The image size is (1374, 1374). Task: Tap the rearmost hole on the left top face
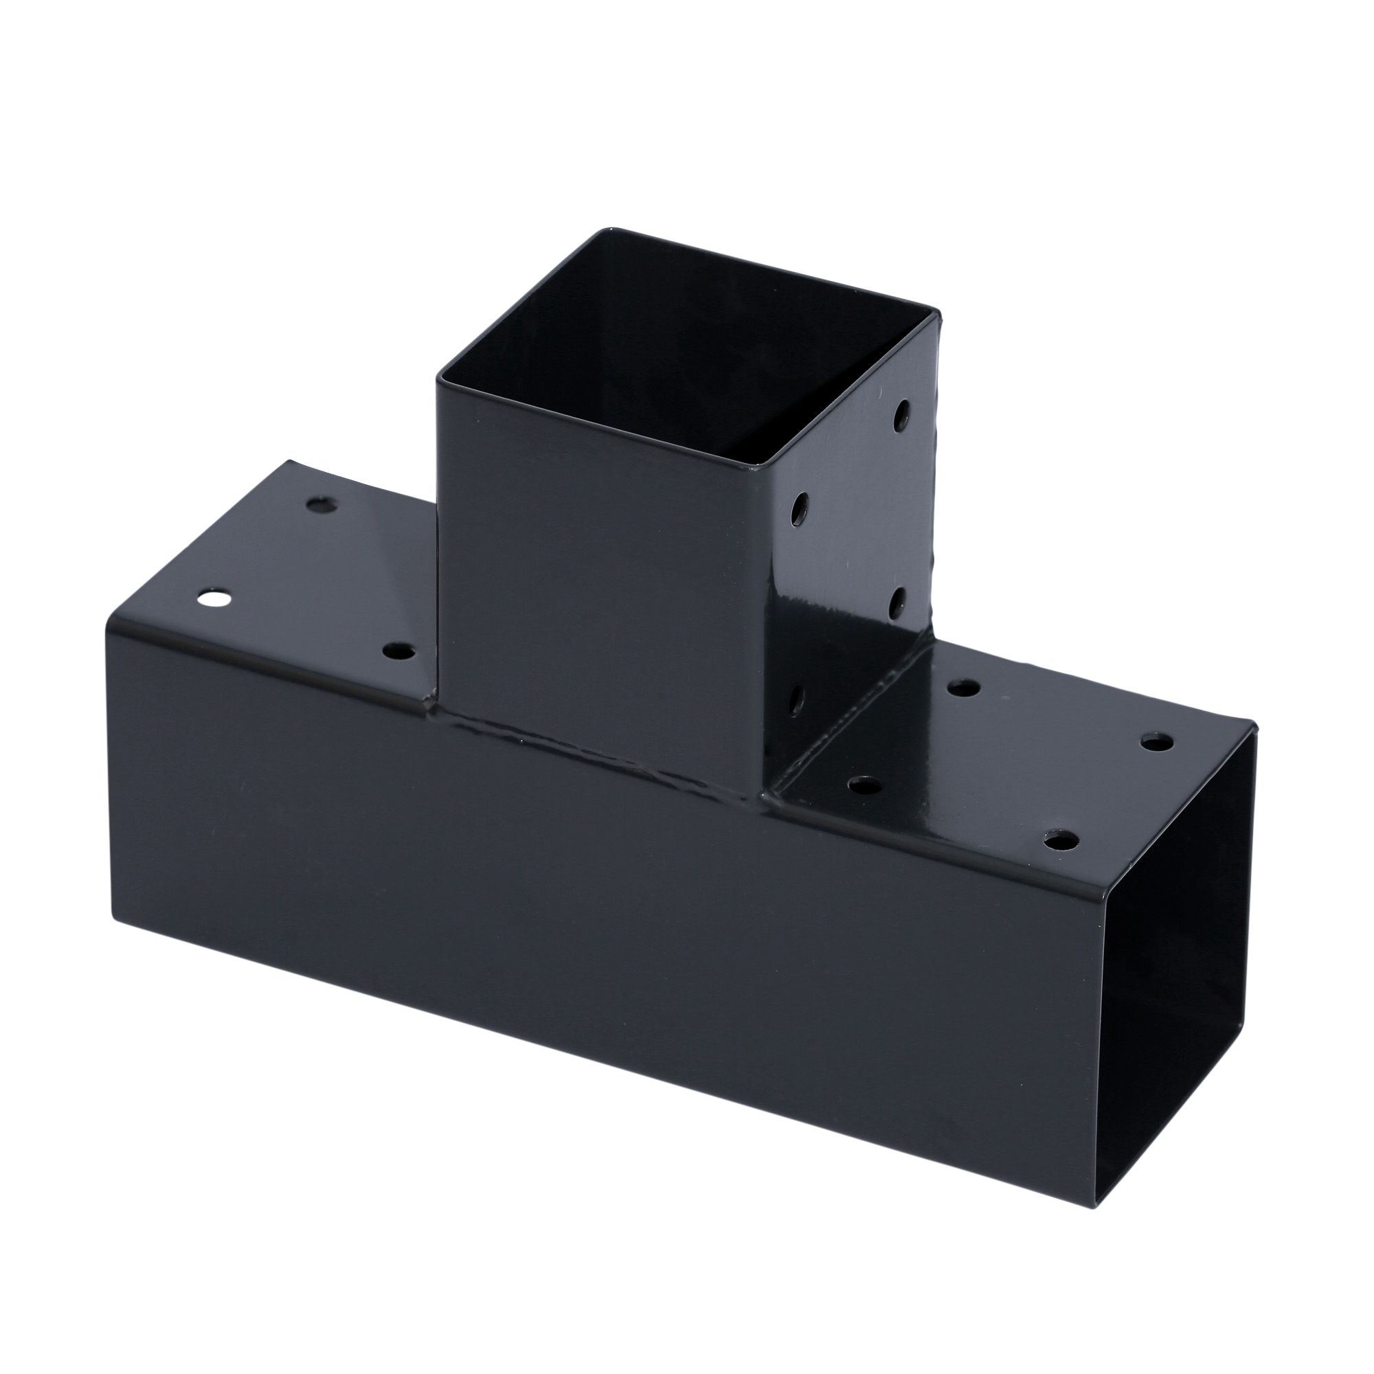(x=324, y=505)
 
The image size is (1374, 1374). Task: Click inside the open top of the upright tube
(x=683, y=356)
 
